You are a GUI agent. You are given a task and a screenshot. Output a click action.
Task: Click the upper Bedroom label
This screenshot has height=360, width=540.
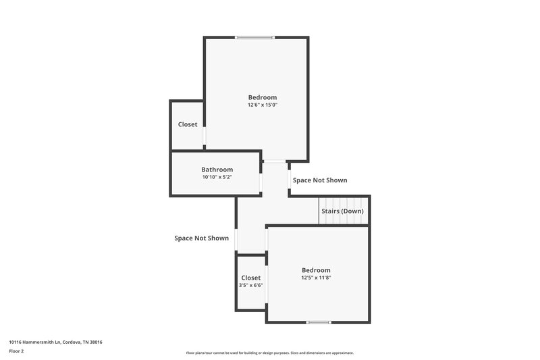point(262,97)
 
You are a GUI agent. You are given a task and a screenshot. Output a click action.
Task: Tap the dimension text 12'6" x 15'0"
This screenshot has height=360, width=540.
point(262,105)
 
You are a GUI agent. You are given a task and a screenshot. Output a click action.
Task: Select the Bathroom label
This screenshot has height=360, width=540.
point(217,170)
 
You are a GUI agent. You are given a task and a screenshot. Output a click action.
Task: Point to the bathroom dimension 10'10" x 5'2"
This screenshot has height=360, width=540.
point(217,177)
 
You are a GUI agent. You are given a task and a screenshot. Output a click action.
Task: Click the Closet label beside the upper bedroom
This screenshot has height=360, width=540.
point(188,124)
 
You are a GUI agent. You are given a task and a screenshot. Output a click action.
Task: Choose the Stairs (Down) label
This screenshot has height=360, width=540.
point(342,211)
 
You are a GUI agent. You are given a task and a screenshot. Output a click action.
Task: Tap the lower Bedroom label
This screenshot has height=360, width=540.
point(316,270)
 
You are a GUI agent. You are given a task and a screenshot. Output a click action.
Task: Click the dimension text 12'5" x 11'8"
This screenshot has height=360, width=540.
point(316,278)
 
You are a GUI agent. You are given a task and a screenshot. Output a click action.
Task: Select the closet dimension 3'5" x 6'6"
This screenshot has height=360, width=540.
point(250,285)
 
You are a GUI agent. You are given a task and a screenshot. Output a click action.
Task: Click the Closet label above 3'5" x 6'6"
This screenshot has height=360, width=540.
point(250,278)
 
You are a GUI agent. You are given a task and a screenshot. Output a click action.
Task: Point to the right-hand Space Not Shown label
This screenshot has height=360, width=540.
point(320,180)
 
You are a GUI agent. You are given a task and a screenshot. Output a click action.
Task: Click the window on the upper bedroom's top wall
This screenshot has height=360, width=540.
point(255,37)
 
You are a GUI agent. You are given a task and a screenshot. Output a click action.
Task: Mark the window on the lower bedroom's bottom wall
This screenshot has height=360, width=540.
point(318,322)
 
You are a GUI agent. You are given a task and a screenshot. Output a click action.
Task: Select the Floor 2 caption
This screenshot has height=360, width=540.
point(17,351)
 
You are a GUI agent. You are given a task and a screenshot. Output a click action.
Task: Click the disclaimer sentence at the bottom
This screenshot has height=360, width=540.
point(269,353)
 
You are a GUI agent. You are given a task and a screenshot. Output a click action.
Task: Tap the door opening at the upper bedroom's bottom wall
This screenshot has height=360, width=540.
point(273,161)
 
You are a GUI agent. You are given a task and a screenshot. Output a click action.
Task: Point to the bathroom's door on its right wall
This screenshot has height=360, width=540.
point(261,182)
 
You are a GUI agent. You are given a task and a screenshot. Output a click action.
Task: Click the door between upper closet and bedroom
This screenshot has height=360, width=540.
point(205,136)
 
